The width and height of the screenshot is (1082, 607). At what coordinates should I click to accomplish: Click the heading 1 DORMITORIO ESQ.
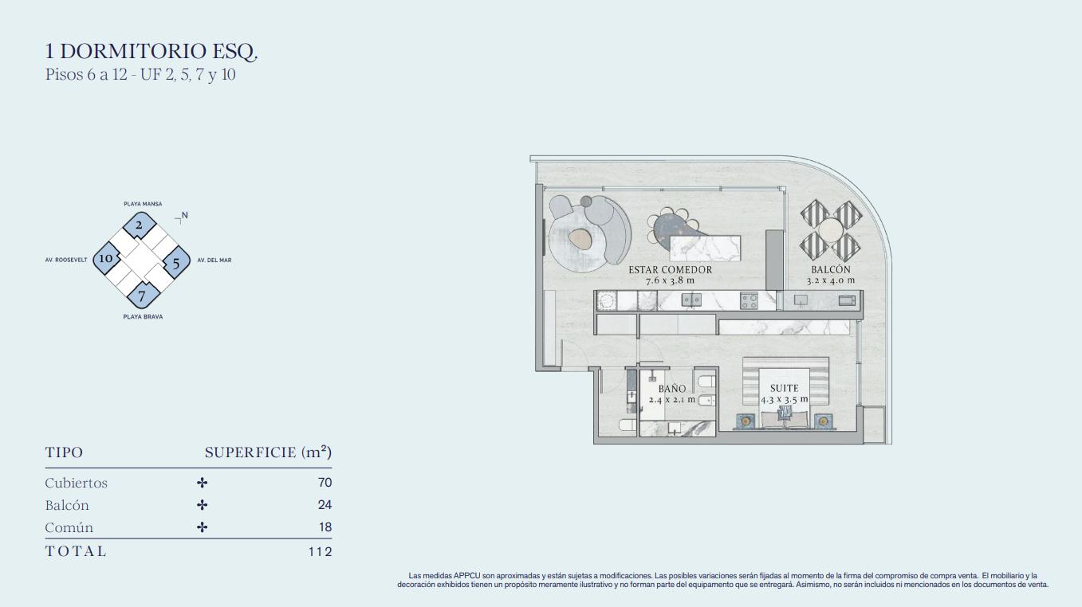click(x=151, y=52)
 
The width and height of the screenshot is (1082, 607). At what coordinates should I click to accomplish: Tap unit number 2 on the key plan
click(x=139, y=225)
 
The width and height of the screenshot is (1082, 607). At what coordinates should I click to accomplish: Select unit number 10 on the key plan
click(x=106, y=258)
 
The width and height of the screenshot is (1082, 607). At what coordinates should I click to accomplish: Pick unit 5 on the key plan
click(x=176, y=264)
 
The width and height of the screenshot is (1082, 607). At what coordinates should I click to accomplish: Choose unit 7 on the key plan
click(x=142, y=296)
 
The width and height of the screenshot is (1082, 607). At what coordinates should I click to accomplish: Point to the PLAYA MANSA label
click(x=143, y=204)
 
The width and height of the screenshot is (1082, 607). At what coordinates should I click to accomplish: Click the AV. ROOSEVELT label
click(x=66, y=260)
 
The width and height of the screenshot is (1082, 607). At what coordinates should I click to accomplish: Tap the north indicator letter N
click(x=184, y=216)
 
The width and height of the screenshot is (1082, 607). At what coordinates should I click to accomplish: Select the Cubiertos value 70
click(x=325, y=483)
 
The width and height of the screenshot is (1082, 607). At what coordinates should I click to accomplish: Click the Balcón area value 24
click(x=325, y=505)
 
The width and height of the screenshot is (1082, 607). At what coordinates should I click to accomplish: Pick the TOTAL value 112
click(x=321, y=551)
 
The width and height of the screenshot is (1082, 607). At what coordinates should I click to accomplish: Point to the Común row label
click(x=69, y=527)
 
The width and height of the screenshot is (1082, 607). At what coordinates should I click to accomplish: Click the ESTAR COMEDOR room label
click(x=671, y=270)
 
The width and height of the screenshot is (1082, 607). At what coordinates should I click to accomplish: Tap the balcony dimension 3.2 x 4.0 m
click(x=831, y=280)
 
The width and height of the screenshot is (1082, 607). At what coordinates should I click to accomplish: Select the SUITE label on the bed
click(x=785, y=388)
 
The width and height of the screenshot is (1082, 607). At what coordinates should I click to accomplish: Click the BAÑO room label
click(x=672, y=389)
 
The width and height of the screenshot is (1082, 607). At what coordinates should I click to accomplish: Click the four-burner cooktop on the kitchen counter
click(x=750, y=300)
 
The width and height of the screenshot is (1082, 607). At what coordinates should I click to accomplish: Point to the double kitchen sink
click(x=691, y=300)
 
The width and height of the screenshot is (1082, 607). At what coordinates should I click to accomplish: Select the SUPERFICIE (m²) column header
click(x=268, y=452)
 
